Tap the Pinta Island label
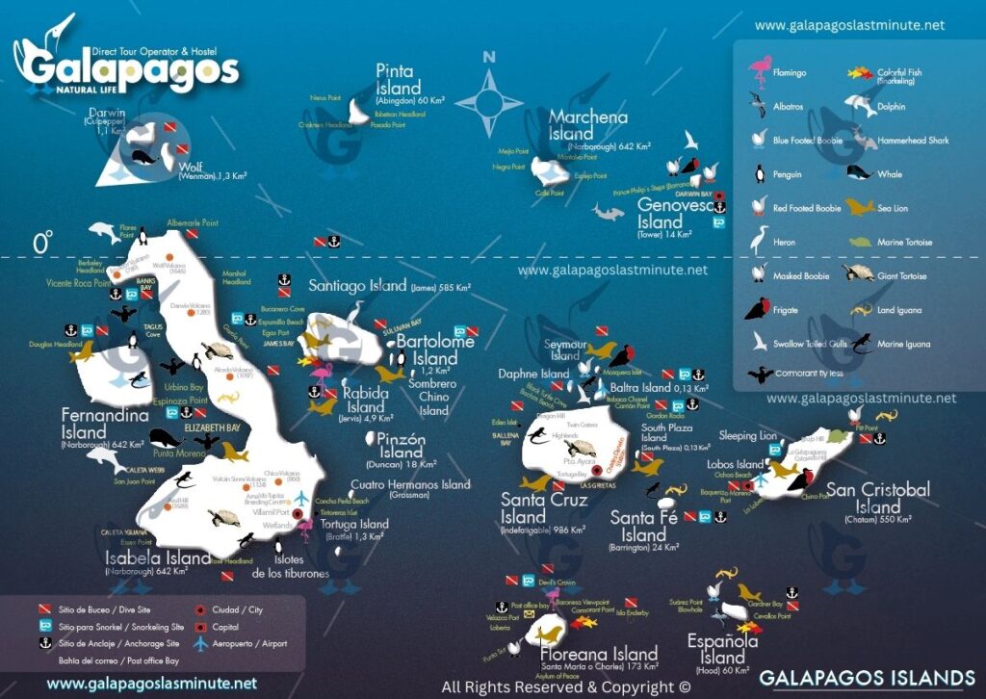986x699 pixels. click(396, 80)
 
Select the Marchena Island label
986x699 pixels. click(587, 126)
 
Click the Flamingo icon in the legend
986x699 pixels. click(761, 69)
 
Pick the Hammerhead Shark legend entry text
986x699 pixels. click(913, 141)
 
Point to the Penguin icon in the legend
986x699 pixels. click(759, 174)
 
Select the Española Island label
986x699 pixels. click(722, 649)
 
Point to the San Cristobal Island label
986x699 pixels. click(878, 499)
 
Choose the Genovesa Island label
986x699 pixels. click(674, 214)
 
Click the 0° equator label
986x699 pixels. click(42, 244)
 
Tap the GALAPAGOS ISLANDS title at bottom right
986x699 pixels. click(867, 677)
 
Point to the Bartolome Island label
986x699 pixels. click(435, 349)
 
